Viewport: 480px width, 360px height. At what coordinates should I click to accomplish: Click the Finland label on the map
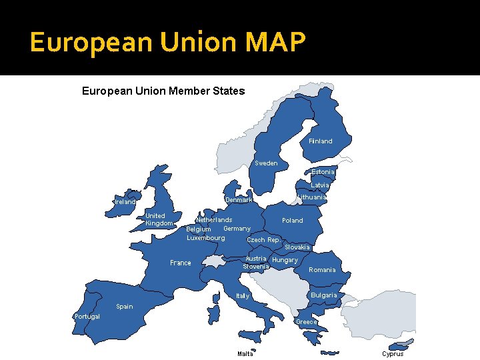(320, 141)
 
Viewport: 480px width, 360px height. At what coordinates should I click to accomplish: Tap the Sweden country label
(266, 163)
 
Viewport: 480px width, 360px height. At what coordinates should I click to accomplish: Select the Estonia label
(323, 172)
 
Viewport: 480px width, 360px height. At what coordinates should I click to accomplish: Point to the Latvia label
(320, 185)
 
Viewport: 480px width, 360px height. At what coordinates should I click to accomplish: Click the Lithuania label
(311, 197)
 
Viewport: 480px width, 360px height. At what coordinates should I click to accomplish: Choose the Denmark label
(239, 200)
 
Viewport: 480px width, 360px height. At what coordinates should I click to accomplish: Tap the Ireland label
(125, 201)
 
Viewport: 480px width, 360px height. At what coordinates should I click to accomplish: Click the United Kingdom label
(159, 219)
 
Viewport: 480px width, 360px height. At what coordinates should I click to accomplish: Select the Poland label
(292, 221)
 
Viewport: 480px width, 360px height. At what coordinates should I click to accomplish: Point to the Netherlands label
(214, 220)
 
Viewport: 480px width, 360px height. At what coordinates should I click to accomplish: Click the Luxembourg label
(206, 238)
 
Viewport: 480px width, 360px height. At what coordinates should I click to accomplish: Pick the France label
(180, 263)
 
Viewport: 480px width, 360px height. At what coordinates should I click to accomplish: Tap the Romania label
(322, 270)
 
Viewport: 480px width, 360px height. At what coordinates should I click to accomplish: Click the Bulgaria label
(323, 295)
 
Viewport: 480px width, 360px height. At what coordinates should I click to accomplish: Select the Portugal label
(87, 317)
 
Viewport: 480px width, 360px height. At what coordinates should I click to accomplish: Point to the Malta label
(245, 354)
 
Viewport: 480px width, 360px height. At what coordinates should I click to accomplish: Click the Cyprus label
(393, 354)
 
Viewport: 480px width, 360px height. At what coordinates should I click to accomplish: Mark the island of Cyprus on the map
(399, 345)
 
